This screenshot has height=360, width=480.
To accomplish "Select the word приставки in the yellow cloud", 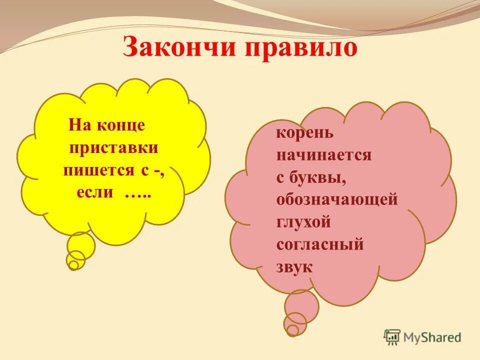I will [x=114, y=148].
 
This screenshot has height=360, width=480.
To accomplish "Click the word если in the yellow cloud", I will [x=95, y=192].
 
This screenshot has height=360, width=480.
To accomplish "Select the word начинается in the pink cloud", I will [x=323, y=155].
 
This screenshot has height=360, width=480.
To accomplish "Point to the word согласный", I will [x=319, y=244].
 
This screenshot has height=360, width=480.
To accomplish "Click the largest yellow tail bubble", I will [x=81, y=245].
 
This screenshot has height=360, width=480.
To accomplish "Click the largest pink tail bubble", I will [x=301, y=305].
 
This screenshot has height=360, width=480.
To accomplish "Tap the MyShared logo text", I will [x=432, y=337].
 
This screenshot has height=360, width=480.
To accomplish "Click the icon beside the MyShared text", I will [x=392, y=337].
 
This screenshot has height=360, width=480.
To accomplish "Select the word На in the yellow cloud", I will [x=78, y=125].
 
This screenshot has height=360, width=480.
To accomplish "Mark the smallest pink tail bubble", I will [x=292, y=330].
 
